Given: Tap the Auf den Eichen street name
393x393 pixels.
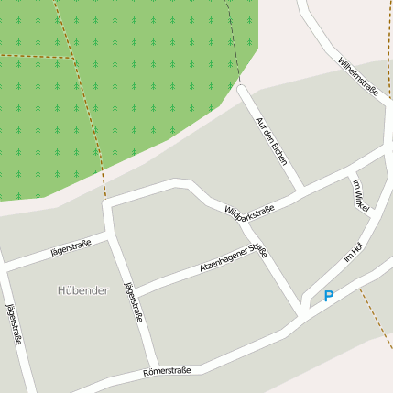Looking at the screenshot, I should (x=271, y=141).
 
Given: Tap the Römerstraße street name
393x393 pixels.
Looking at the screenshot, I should (x=167, y=371).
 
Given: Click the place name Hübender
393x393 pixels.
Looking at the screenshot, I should (x=82, y=290).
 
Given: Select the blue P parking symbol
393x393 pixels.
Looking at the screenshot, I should (x=329, y=296).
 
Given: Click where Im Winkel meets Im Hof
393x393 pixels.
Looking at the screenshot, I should (x=367, y=219).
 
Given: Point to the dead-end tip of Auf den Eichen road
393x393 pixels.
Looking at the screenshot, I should (x=243, y=89).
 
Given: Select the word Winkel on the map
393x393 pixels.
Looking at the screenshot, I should (x=362, y=202).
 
